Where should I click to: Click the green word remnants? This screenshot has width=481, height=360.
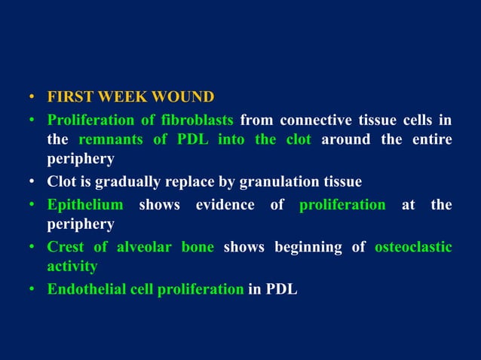point(113,140)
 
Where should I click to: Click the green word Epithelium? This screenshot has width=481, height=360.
point(85,204)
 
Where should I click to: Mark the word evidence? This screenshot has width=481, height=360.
point(225,204)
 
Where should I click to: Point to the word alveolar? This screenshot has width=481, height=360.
point(145,246)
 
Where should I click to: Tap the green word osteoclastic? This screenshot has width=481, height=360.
point(413,246)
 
